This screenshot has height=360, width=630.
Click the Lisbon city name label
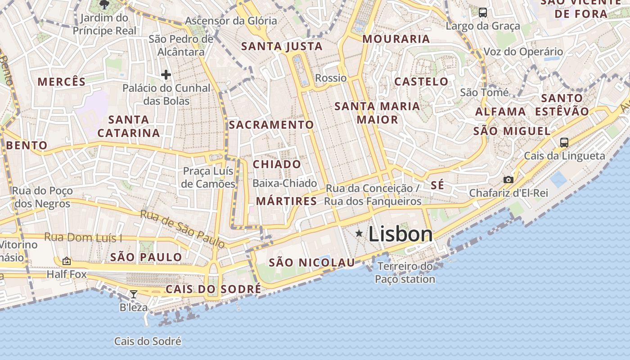click(400, 234)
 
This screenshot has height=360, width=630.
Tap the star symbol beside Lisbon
click(359, 233)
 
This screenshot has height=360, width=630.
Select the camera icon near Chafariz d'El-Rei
click(508, 180)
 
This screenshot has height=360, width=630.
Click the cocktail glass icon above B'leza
click(134, 294)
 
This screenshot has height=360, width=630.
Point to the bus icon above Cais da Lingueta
click(564, 143)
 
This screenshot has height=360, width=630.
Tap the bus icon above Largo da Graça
click(483, 13)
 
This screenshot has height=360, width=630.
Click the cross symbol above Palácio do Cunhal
click(166, 75)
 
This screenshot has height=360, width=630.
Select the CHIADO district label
click(277, 164)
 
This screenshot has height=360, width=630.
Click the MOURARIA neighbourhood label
click(396, 39)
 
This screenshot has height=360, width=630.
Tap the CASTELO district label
click(421, 81)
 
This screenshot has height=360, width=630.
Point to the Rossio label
click(331, 78)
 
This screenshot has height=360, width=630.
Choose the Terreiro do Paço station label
click(405, 273)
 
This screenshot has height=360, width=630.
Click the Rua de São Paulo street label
click(182, 229)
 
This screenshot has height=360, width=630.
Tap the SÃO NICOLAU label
click(312, 263)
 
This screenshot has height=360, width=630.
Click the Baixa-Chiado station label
click(284, 183)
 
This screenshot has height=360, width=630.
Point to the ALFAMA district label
click(500, 112)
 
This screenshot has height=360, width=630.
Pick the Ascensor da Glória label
click(231, 21)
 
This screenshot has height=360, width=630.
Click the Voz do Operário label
click(523, 52)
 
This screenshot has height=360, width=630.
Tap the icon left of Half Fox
click(67, 261)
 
